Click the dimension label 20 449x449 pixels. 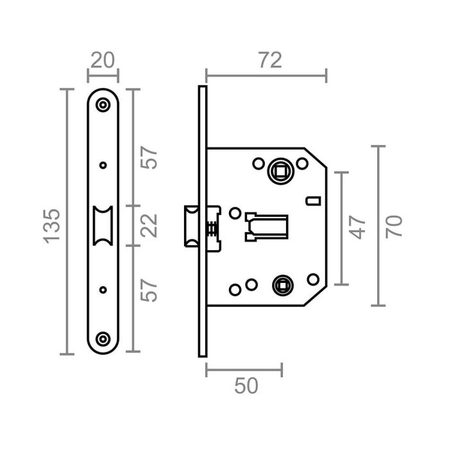(x=103, y=60)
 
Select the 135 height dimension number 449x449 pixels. (x=52, y=224)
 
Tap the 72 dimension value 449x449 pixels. (x=270, y=60)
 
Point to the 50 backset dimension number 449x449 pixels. (x=246, y=386)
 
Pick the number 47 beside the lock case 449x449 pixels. (x=358, y=227)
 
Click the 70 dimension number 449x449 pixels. (x=394, y=226)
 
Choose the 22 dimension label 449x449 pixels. (x=149, y=225)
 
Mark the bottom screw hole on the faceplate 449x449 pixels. (x=103, y=338)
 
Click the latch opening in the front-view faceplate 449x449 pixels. (x=103, y=225)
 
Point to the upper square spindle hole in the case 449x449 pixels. (x=280, y=171)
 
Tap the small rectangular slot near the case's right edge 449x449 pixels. (x=312, y=201)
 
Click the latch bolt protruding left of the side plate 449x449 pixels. (x=191, y=225)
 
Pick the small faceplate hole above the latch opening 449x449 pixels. (x=103, y=165)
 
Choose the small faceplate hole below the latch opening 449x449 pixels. (x=103, y=289)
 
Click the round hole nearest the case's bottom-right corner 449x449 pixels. (x=312, y=279)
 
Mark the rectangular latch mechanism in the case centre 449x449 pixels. (x=266, y=226)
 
